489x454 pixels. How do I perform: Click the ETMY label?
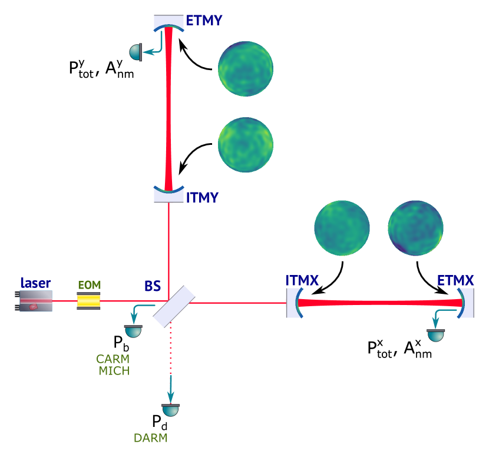coord(204,21)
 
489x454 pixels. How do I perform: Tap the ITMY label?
coord(202,197)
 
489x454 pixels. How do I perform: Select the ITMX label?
coord(302,281)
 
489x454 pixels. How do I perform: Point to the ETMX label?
coord(455,281)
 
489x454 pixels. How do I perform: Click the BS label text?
coord(153,287)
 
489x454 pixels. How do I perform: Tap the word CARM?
coord(113,359)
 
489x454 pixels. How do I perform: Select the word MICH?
coord(114,371)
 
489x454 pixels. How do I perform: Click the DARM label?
coord(150,438)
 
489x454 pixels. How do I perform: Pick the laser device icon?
coord(36,301)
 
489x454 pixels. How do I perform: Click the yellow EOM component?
coord(88,301)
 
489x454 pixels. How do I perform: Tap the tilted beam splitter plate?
coord(174,307)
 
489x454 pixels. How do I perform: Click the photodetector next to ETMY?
coord(136,52)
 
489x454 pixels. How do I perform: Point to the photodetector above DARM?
coord(170,410)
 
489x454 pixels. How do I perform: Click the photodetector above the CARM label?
coord(133,331)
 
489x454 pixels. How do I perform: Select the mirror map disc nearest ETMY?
coord(246,68)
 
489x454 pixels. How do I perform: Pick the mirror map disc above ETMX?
coord(415,228)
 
